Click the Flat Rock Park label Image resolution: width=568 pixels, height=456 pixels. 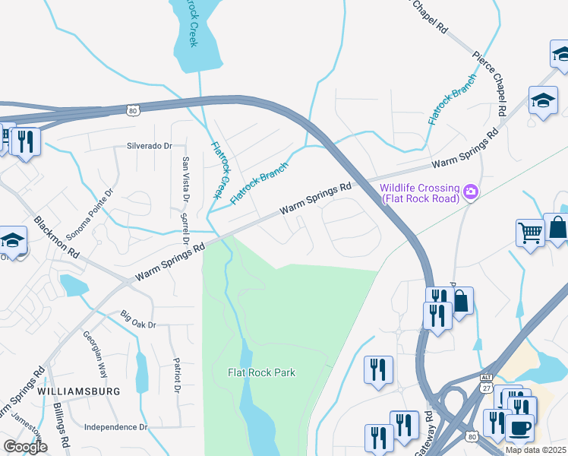click(261, 372)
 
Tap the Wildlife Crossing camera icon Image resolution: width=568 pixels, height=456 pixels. click(471, 192)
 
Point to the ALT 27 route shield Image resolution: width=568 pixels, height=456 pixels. click(487, 384)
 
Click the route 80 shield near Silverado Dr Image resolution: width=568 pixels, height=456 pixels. click(133, 111)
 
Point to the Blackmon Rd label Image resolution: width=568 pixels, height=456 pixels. click(56, 237)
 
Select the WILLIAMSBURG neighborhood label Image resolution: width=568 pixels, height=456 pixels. click(78, 391)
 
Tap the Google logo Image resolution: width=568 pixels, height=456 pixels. click(25, 447)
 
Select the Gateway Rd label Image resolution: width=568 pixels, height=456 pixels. click(429, 430)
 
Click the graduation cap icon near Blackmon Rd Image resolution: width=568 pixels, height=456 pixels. click(13, 242)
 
